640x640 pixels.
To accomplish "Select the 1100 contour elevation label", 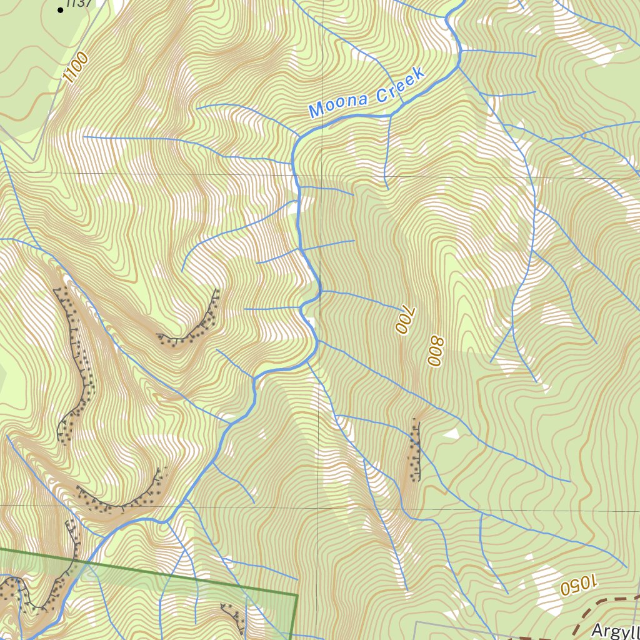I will [x=76, y=68].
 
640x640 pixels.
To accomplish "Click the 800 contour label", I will [x=435, y=351].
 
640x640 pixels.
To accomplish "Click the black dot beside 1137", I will [x=61, y=10].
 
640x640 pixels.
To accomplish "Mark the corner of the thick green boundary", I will [x=296, y=595].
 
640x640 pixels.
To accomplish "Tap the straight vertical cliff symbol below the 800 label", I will [x=415, y=450].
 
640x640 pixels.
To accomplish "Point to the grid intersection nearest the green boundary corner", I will [x=321, y=508].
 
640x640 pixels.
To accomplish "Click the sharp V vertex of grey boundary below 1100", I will [x=34, y=160].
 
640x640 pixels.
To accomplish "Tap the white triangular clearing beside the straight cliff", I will [x=451, y=433].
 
